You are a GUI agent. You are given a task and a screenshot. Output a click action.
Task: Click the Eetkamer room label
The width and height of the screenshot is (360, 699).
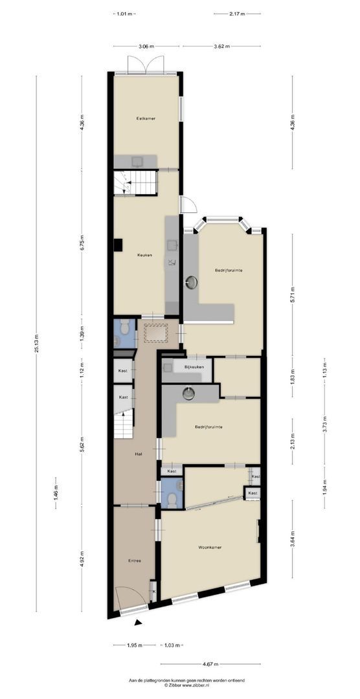tap(145, 118)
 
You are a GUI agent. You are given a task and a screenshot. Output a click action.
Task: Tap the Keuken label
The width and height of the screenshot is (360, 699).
tap(144, 255)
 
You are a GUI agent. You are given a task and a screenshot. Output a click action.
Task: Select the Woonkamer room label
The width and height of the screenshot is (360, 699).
tap(210, 547)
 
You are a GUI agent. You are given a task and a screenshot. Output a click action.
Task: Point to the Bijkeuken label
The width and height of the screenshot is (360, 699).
tap(194, 367)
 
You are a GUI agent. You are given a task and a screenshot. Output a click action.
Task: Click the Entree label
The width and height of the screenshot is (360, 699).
tap(134, 560)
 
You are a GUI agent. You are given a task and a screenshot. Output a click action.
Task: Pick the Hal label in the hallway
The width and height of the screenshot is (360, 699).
tap(139, 454)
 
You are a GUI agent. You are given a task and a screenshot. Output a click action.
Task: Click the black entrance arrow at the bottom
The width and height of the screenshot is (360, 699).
tap(137, 623)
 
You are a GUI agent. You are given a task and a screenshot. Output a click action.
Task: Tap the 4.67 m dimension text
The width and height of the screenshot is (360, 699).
tap(210, 663)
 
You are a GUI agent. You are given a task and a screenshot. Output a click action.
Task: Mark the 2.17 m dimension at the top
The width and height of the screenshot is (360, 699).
tap(237, 13)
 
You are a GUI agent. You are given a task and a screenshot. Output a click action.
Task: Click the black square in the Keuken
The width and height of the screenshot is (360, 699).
tap(118, 244)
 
